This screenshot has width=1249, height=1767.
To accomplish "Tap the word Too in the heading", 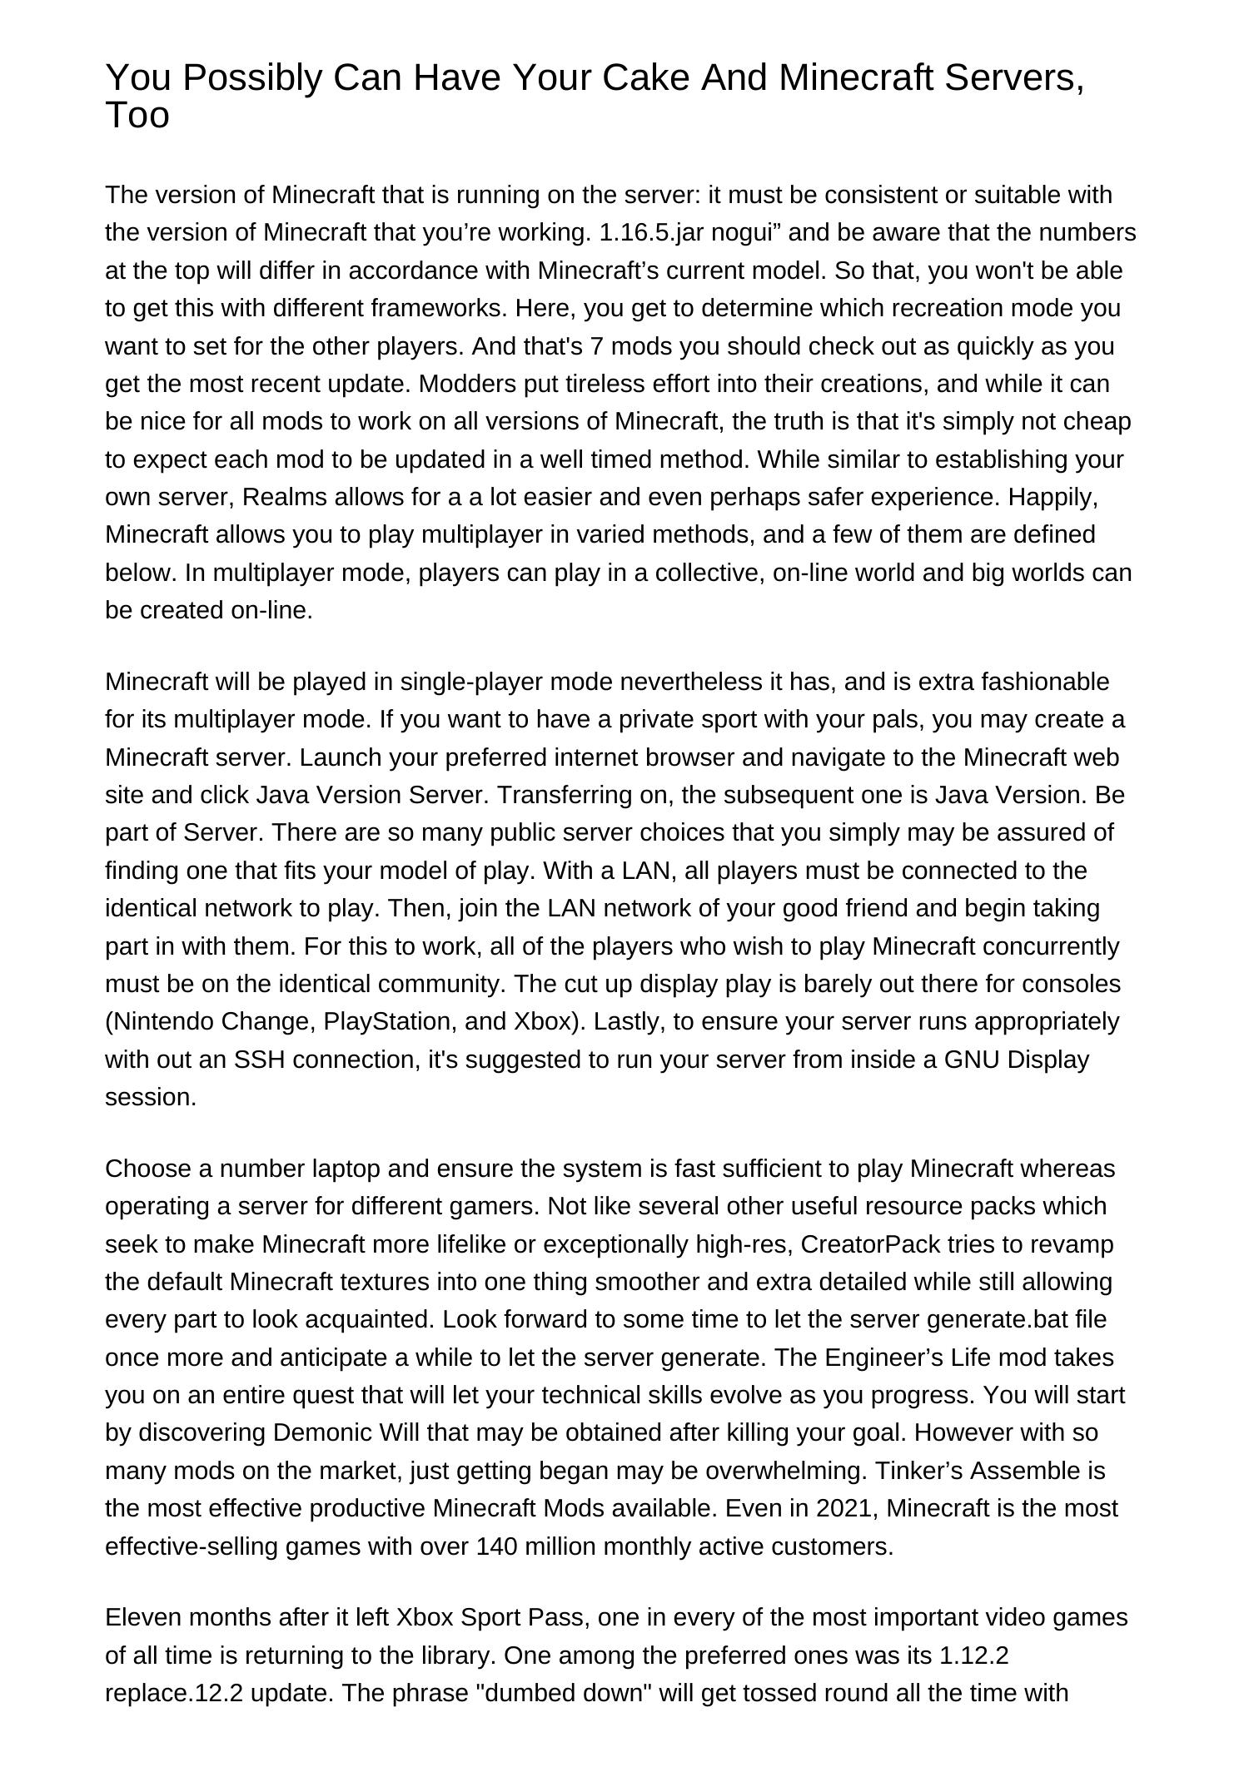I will [137, 115].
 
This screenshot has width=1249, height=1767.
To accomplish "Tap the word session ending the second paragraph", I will [150, 1097].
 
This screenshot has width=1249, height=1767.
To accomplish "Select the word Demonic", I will [322, 1432].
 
